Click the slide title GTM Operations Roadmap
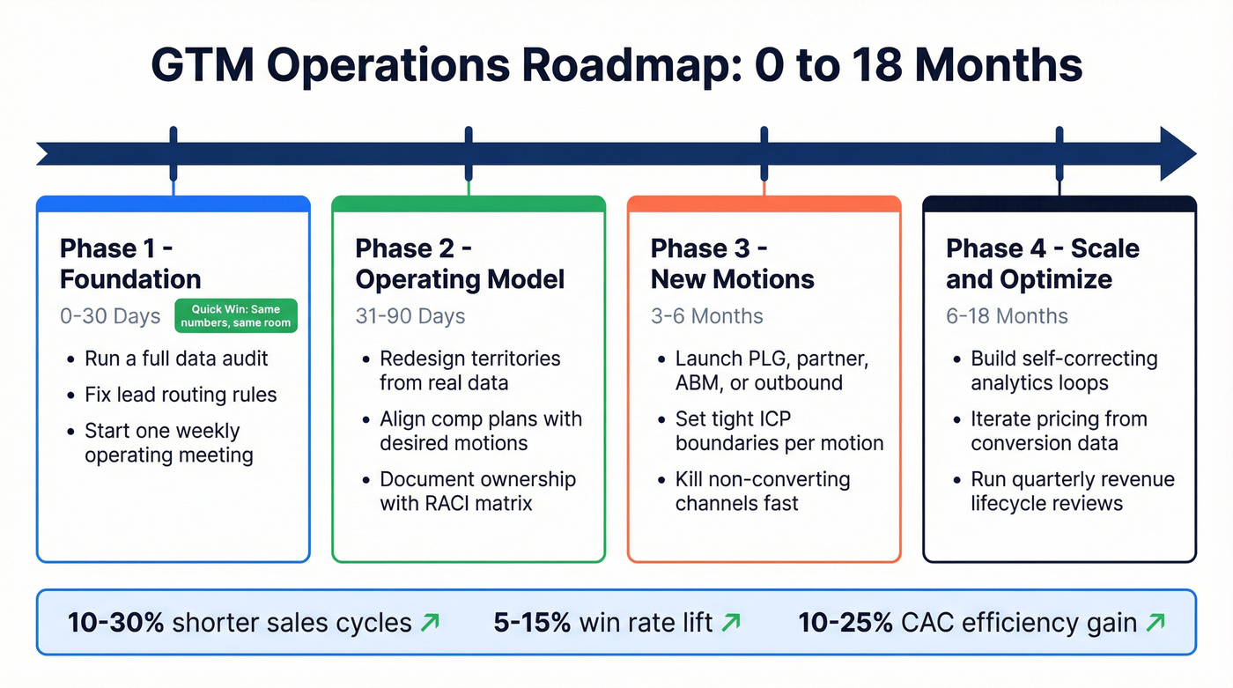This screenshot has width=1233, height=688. pos(616,65)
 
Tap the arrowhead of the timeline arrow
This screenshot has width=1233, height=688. pos(1177,153)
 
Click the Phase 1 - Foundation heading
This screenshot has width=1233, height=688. pos(130,263)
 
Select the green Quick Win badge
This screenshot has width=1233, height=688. pos(234,315)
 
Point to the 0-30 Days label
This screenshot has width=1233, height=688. pos(110,316)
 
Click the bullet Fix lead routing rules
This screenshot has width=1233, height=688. pos(181,395)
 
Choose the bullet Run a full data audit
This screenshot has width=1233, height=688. pos(176,359)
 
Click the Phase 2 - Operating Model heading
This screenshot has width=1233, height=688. pos(460,263)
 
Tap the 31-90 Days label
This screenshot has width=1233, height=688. pos(410,316)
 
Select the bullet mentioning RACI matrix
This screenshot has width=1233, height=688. pos(477,492)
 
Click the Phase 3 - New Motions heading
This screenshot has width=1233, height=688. pos(732,263)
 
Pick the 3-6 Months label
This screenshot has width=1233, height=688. pos(706,316)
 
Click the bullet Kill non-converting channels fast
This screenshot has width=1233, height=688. pos(762,492)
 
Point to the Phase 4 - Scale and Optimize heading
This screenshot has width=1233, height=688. pos(1042,263)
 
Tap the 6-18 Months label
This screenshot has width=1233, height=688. pos(1007,316)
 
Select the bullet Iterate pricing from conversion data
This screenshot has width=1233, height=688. pos(1059,431)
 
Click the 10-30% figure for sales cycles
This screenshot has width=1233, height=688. pos(115,623)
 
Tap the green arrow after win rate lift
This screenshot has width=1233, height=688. pos(730,623)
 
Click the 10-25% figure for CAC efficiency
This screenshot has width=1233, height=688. pos(845,623)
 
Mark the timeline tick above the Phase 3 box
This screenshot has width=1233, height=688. pos(764,153)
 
